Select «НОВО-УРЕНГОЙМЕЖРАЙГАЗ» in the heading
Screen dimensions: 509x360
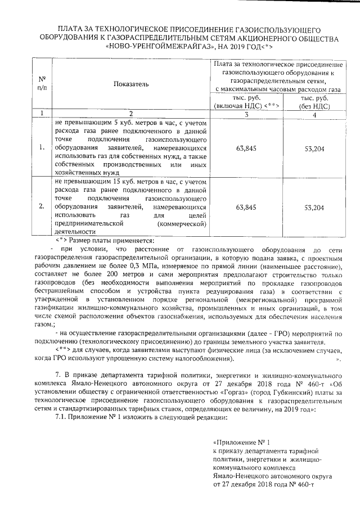155,47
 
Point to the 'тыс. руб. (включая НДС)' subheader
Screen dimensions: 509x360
246,101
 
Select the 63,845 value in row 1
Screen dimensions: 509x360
246,148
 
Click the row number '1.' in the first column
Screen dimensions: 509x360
42,148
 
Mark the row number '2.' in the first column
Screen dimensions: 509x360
42,208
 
